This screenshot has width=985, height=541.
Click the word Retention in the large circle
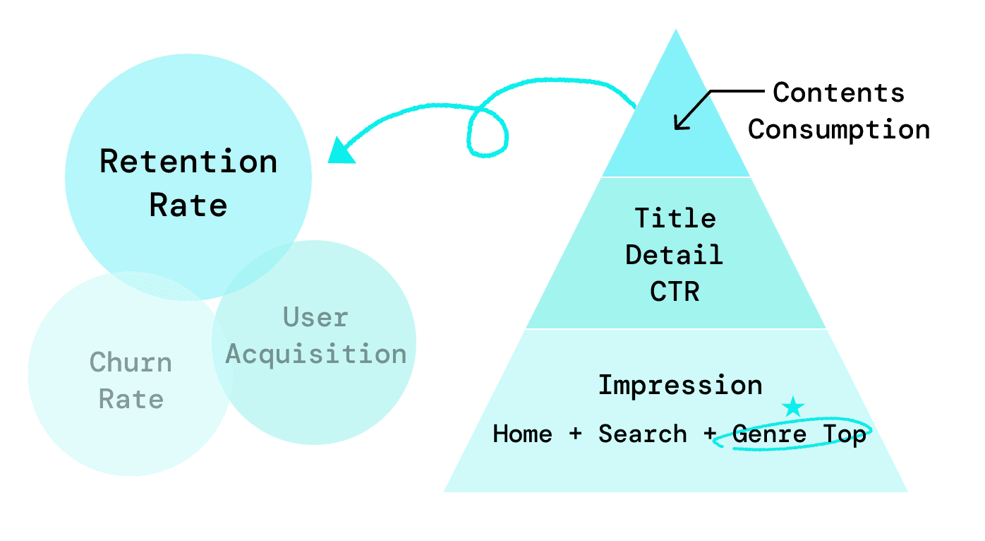tap(188, 162)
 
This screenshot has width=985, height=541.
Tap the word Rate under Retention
tap(188, 206)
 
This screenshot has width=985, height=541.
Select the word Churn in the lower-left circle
tap(131, 363)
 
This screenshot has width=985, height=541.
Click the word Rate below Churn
tap(131, 400)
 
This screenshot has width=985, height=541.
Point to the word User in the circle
tap(315, 318)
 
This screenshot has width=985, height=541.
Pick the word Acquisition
tap(316, 354)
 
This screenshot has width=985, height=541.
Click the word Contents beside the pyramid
tap(838, 93)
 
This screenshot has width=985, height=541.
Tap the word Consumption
tap(839, 129)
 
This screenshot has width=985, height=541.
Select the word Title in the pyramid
tap(675, 218)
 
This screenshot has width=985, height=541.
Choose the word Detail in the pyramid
tap(675, 254)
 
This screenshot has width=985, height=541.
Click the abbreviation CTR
tap(675, 292)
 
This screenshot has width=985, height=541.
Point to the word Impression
tap(680, 386)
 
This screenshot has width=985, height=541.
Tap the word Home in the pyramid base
tap(522, 434)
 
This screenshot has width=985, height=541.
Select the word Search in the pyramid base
tap(642, 434)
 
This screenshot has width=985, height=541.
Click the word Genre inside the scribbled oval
tap(769, 434)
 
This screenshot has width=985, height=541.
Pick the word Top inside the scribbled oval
tap(845, 434)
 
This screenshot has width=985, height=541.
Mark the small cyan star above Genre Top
tap(794, 406)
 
